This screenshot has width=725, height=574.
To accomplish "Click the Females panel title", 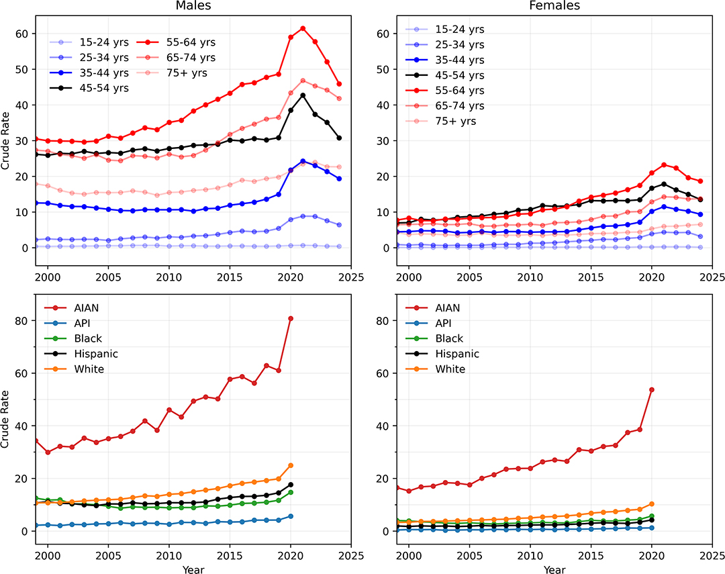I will coord(554,6).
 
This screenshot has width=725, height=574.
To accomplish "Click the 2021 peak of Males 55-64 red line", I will coord(303,28).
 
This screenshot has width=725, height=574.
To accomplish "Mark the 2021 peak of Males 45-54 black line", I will coord(303,95).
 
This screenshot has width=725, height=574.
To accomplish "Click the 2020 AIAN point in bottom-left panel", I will coord(291,318).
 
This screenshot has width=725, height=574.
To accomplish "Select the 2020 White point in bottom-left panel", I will coord(291,465).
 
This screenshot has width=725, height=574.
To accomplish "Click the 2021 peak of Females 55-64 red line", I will coord(664,165).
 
